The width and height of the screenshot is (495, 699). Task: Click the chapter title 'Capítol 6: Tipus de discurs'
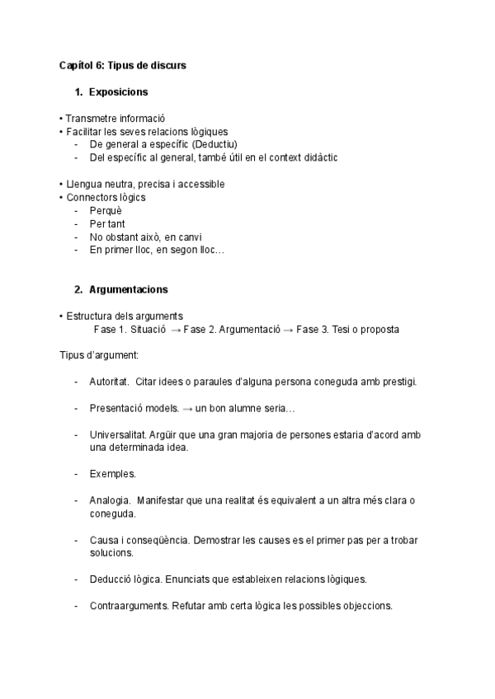pyautogui.click(x=122, y=64)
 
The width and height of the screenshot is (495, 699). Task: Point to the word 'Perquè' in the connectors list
pyautogui.click(x=106, y=210)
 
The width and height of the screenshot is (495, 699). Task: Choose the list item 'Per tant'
pyautogui.click(x=108, y=223)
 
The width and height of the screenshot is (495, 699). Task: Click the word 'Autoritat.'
pyautogui.click(x=109, y=382)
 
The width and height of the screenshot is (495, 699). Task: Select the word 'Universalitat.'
pyautogui.click(x=117, y=434)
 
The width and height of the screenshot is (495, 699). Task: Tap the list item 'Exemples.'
pyautogui.click(x=112, y=474)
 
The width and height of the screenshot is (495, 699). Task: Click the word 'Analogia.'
pyautogui.click(x=109, y=500)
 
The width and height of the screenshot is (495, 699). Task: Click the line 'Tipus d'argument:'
pyautogui.click(x=98, y=355)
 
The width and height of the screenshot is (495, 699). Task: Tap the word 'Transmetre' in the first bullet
pyautogui.click(x=91, y=118)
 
